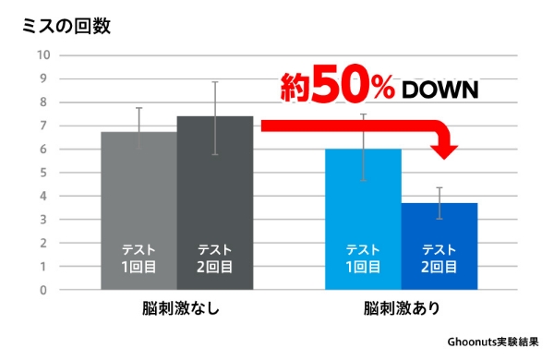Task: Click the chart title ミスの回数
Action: point(66,26)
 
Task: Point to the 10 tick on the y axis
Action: point(42,54)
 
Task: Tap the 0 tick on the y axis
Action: point(42,290)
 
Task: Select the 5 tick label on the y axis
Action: point(42,173)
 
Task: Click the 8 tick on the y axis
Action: point(42,102)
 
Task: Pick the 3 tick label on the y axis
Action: point(42,220)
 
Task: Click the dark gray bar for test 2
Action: point(214,185)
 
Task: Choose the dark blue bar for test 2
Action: point(440,231)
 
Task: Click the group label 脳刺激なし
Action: point(176,308)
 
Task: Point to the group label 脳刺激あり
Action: point(401,308)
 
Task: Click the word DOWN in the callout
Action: point(439,90)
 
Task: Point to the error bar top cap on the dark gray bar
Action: point(214,82)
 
